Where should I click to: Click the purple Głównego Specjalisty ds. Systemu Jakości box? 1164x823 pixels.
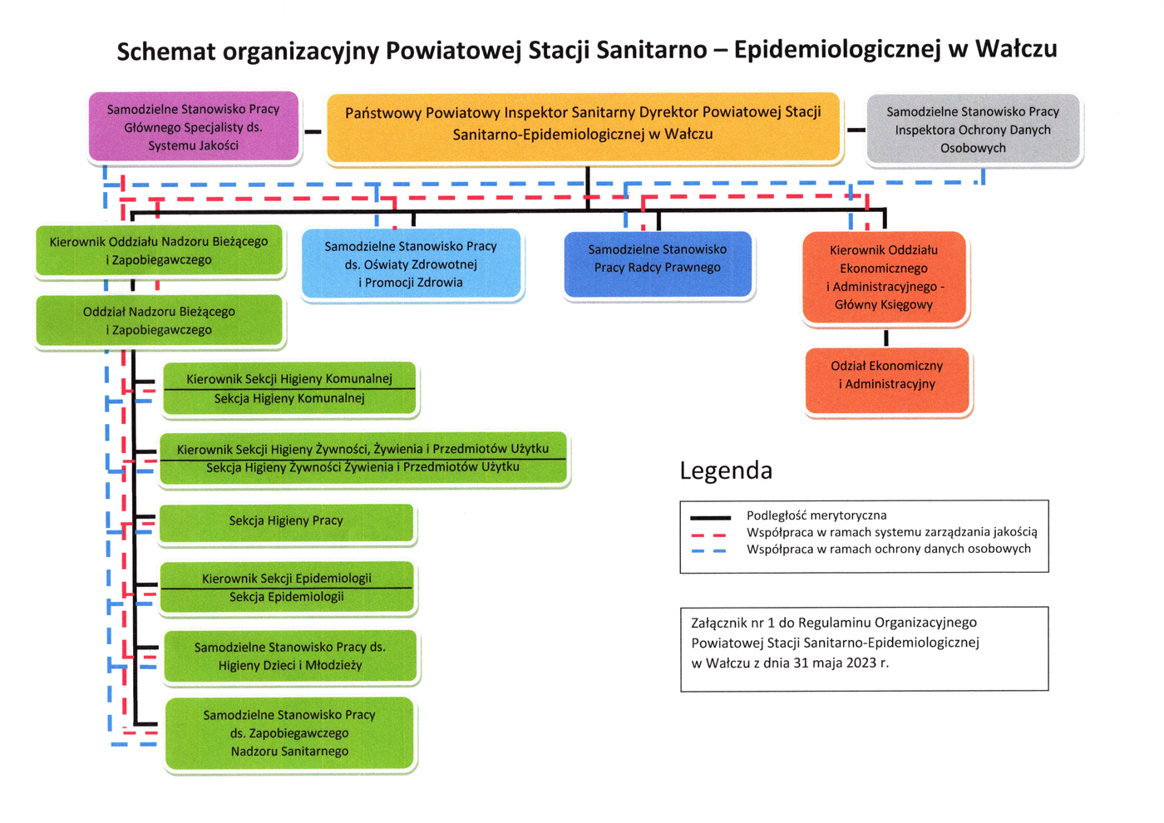pyautogui.click(x=194, y=126)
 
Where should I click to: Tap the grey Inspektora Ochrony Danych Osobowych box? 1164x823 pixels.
pyautogui.click(x=973, y=130)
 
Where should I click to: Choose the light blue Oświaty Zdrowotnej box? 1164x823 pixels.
pyautogui.click(x=411, y=264)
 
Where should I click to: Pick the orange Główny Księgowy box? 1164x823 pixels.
pyautogui.click(x=884, y=277)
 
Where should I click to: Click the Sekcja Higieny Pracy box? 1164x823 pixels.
pyautogui.click(x=286, y=521)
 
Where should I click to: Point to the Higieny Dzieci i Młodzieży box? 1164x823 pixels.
pyautogui.click(x=290, y=656)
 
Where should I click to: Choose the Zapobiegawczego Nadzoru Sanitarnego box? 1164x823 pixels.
pyautogui.click(x=289, y=732)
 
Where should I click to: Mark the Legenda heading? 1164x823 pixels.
pyautogui.click(x=726, y=471)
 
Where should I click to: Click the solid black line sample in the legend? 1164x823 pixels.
pyautogui.click(x=710, y=517)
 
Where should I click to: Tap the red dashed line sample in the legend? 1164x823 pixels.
pyautogui.click(x=710, y=535)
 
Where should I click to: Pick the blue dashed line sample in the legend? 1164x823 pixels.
pyautogui.click(x=710, y=550)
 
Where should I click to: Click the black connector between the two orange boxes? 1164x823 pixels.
pyautogui.click(x=885, y=338)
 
